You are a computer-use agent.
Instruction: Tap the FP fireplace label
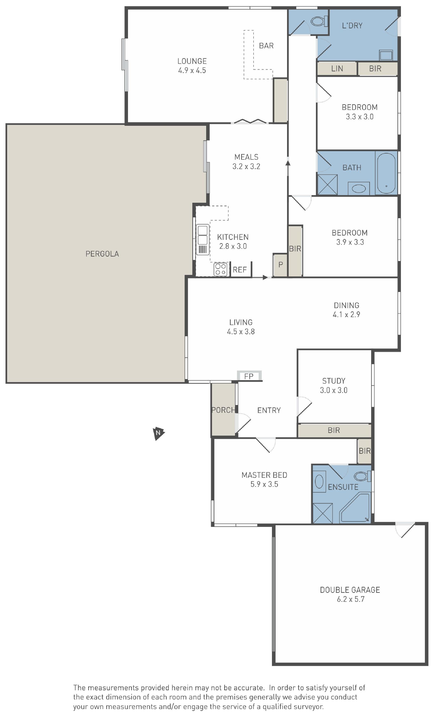point(249,376)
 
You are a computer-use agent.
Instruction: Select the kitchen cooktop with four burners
point(220,269)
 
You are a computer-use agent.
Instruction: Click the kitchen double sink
point(203,239)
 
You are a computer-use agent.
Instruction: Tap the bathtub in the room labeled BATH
point(386,173)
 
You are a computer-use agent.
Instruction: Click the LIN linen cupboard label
point(337,69)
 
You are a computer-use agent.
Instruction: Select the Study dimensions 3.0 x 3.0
point(334,390)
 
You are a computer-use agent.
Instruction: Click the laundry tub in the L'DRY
point(386,55)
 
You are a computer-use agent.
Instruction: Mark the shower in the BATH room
point(327,185)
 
